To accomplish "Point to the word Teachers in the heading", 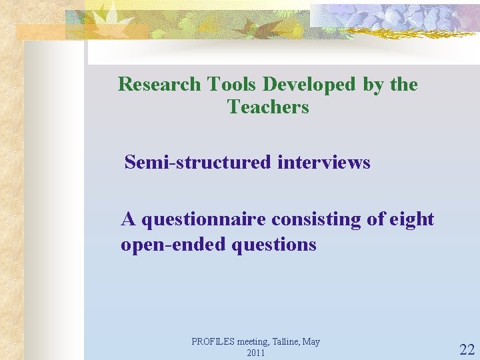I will (268, 107).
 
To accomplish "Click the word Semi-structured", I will (198, 162).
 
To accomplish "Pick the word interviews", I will (324, 162).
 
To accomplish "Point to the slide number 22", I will (467, 349).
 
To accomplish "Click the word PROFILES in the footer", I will (213, 342).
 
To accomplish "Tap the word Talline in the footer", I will (286, 342).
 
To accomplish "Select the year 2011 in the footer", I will (256, 353).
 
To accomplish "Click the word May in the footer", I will (311, 342).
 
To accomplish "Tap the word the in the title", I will (404, 85).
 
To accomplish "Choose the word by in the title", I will (373, 85).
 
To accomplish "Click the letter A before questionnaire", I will (127, 219).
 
